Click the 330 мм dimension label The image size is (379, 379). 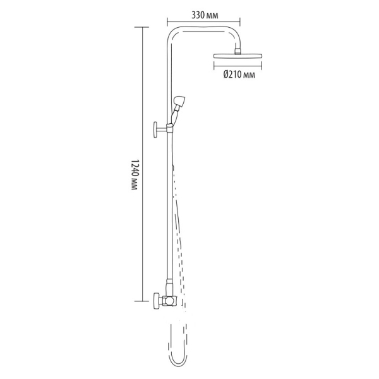coord(205,15)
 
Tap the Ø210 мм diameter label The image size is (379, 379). coord(239,75)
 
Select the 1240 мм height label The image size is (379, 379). coord(135,174)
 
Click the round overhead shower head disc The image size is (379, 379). coord(238,56)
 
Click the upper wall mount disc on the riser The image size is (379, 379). coord(155,129)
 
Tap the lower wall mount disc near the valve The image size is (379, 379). coord(156,301)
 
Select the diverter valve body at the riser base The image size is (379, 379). coord(169,301)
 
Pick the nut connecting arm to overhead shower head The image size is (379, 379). coord(238,51)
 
